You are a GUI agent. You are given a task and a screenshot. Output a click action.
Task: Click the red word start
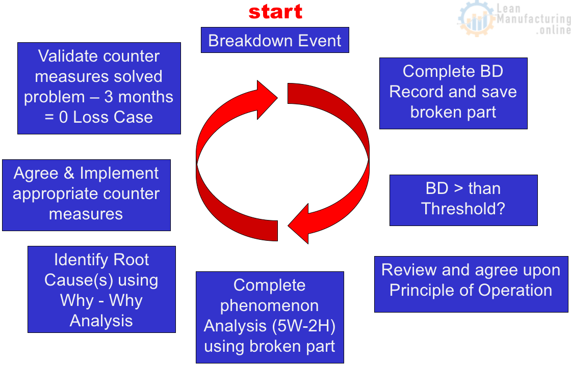[275, 12]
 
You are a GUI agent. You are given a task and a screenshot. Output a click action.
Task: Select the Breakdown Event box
[275, 40]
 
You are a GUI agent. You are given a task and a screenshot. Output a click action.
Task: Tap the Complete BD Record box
[453, 94]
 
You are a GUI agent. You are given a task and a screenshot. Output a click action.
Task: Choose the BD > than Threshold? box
[463, 200]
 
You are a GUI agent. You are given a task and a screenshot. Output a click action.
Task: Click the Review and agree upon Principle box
[471, 284]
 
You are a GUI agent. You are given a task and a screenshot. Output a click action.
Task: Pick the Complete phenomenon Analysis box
[270, 317]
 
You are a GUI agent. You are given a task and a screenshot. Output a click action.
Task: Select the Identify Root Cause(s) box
[101, 289]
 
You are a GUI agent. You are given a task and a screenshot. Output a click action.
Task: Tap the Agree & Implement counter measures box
[86, 195]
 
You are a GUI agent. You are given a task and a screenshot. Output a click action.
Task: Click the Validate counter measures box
[99, 89]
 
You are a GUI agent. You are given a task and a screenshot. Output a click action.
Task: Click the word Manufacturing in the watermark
[533, 18]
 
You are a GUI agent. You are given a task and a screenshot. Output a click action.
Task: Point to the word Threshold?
[463, 209]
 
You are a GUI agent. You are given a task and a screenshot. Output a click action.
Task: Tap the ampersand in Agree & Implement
[69, 174]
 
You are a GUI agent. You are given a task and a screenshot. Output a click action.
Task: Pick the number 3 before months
[109, 97]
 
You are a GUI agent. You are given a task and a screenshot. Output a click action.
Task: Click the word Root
[131, 260]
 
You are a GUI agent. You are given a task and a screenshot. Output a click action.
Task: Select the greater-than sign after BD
[458, 189]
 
